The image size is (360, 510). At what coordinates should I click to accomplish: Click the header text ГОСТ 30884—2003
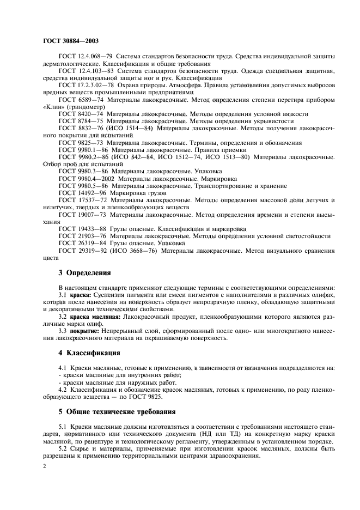point(68,41)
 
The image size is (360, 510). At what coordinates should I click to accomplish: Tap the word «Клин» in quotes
point(52,107)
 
